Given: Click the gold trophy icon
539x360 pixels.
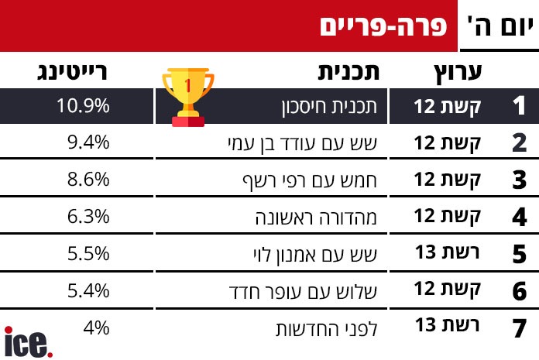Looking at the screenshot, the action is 188,98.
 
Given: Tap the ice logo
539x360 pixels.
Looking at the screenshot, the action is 28,342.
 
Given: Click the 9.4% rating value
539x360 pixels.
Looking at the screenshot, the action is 88,142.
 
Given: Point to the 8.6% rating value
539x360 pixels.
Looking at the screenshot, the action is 88,180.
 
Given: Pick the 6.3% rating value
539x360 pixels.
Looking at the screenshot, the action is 88,217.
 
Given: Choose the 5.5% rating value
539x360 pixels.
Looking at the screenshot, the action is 88,253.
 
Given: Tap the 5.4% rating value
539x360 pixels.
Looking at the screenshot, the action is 88,290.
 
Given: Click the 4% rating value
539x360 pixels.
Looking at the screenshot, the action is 96,327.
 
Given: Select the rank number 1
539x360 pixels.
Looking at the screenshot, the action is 519,105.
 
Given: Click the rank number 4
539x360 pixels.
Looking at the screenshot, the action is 519,217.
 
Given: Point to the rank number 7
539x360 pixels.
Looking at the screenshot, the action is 519,328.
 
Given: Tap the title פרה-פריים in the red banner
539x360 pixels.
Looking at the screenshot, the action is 383,26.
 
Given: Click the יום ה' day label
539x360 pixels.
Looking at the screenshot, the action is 500,26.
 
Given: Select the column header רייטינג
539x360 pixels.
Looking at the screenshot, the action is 72,73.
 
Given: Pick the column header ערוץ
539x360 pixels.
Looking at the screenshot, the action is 458,73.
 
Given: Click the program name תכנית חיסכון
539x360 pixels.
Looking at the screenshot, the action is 329,107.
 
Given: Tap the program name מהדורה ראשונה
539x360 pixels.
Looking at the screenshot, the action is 316,218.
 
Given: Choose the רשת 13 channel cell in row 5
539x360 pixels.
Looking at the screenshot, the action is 447,252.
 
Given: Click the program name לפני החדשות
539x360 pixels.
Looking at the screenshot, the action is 327,329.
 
